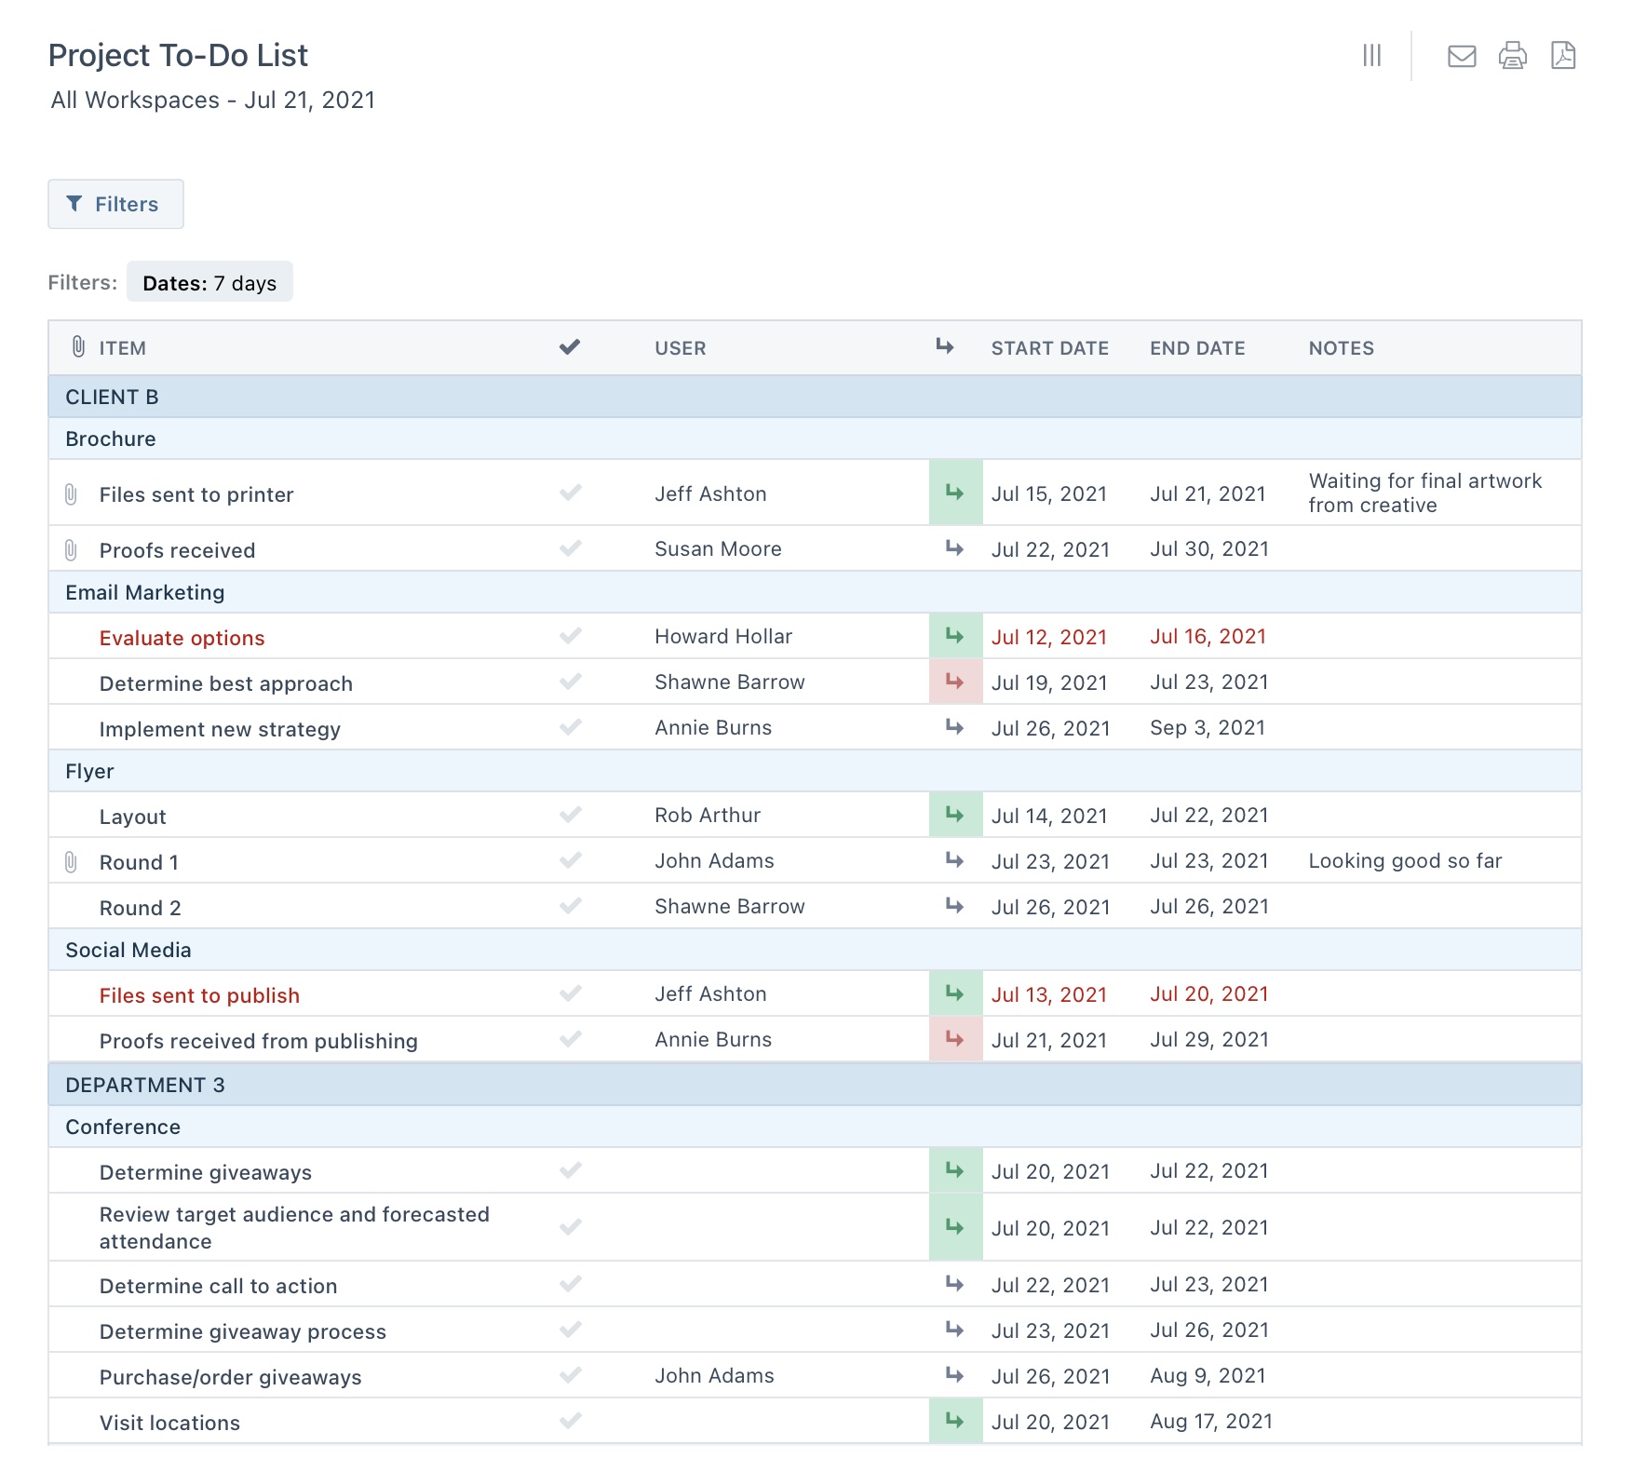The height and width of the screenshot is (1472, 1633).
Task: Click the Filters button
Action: pos(115,204)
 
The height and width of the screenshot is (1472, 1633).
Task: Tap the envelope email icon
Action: pos(1462,56)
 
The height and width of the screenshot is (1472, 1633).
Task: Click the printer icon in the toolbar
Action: pos(1512,56)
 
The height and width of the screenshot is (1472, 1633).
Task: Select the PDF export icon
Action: pos(1563,56)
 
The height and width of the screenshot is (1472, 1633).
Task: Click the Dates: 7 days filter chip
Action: pos(209,283)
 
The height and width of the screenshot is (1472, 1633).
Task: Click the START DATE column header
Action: pos(1049,348)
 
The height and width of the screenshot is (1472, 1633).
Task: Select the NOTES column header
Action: pos(1341,348)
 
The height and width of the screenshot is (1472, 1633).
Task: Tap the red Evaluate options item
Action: pos(182,638)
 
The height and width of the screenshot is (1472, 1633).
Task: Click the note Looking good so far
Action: pos(1405,861)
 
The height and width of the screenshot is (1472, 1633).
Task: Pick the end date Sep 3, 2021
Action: pos(1207,728)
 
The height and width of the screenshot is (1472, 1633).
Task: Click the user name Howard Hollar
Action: pos(722,637)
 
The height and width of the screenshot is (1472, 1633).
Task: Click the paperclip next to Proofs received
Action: pos(71,550)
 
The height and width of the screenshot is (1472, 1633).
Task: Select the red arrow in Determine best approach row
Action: pos(955,682)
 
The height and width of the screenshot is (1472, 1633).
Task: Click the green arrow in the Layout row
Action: pos(955,816)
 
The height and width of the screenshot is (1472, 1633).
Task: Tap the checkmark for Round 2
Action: pos(571,906)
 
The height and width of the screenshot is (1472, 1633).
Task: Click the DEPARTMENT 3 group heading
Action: pos(145,1085)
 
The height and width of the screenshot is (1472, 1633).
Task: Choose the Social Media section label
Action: pos(128,950)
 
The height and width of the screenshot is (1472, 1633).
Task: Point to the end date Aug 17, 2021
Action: pos(1210,1422)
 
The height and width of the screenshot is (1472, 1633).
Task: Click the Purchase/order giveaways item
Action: pos(230,1377)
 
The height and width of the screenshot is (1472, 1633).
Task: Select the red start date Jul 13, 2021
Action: pos(1048,994)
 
